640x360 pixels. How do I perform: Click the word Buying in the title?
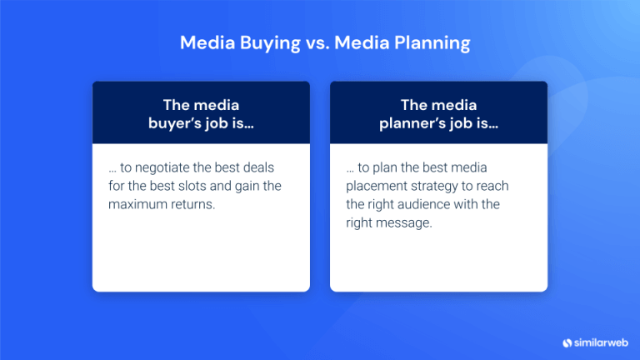262,42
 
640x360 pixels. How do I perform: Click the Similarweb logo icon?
567,342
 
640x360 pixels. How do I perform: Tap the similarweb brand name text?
600,342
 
